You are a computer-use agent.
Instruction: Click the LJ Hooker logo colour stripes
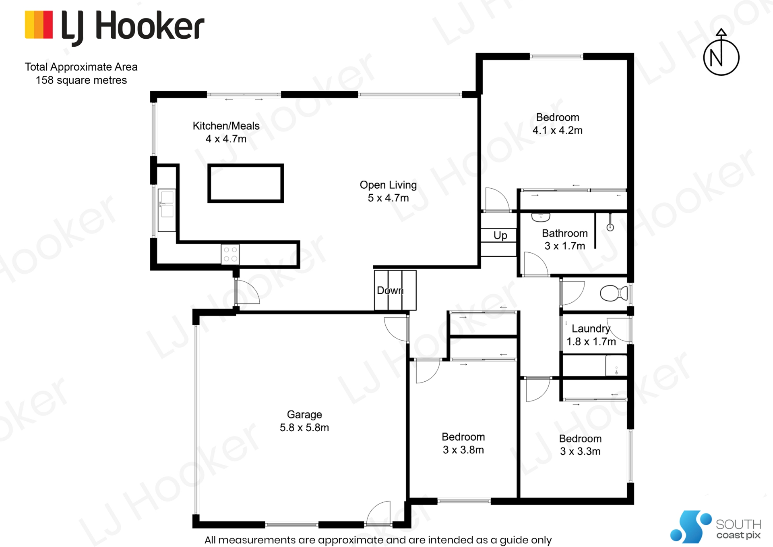39,25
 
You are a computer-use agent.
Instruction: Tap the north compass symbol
721,52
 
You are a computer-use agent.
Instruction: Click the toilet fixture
614,293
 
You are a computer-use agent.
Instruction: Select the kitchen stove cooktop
230,254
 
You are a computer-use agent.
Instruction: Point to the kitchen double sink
167,210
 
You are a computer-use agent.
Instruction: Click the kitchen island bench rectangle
246,183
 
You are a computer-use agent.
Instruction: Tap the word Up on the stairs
500,235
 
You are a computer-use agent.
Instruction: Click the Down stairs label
390,290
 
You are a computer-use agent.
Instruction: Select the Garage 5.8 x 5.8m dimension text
304,428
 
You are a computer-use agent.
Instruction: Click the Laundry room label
591,329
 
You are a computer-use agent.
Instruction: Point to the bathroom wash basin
541,217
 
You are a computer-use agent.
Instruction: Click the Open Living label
388,185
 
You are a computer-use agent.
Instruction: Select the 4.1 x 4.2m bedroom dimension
558,130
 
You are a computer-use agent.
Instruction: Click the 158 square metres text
81,80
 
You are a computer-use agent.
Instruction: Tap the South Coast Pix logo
715,526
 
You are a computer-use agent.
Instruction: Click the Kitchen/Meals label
226,126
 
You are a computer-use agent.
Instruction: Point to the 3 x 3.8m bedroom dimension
463,450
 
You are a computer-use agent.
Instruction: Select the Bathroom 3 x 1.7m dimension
565,246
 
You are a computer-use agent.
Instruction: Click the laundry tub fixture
616,366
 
